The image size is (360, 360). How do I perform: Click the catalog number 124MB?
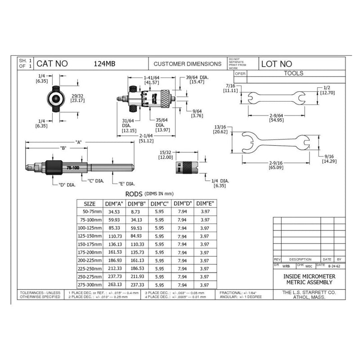coord(104,64)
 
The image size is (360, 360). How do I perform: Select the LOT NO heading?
coord(277,64)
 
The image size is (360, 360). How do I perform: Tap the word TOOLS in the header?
coord(294,73)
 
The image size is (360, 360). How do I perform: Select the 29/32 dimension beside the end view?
coord(77,97)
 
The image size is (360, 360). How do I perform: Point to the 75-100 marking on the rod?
coord(72,167)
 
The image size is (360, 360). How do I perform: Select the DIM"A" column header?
coord(114,203)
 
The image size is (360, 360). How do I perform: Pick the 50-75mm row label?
coord(90,211)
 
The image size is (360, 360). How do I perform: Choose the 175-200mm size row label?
coord(90,252)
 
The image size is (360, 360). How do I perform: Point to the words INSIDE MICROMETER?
coord(309,276)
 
